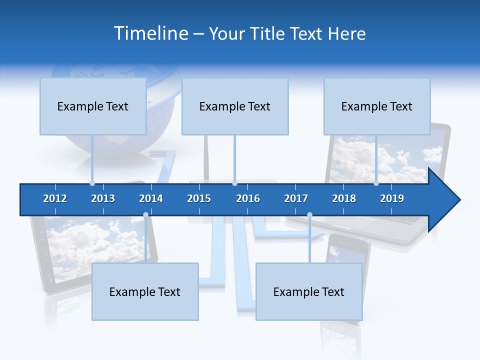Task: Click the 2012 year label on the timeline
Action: point(55,198)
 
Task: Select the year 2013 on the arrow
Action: point(103,198)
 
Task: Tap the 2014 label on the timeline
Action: point(151,198)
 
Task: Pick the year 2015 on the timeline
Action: point(199,198)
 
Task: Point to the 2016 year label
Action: point(248,198)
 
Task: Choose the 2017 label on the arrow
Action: point(296,198)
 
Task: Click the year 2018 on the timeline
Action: point(344,198)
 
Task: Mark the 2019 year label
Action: point(392,198)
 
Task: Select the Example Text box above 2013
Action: point(93,106)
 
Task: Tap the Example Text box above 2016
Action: point(235,106)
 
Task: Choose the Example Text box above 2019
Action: point(377,106)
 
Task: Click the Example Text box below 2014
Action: point(145,291)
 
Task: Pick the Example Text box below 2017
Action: point(309,291)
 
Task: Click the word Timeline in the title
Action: point(150,33)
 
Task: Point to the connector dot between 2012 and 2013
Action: point(92,183)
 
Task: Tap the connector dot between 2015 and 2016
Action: point(234,183)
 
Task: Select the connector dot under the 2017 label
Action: point(309,215)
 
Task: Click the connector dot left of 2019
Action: point(376,183)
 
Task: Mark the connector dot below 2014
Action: point(145,215)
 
